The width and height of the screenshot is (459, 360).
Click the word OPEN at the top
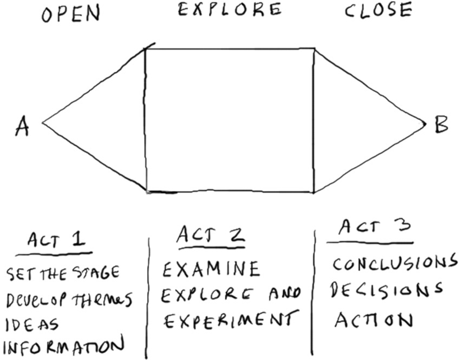[71, 13]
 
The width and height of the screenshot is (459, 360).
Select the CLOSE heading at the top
[378, 10]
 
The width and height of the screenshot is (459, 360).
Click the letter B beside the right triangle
[441, 124]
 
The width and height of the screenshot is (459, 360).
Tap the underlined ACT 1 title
[58, 240]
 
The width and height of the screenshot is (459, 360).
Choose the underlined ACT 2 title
[210, 235]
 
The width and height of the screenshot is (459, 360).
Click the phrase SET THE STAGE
[62, 274]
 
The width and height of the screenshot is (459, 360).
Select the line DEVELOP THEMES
[69, 299]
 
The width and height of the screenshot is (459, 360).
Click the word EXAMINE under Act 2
[212, 269]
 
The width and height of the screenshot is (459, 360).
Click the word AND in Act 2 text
[286, 293]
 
